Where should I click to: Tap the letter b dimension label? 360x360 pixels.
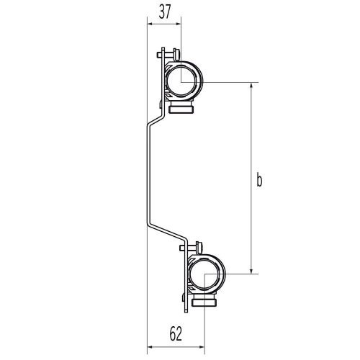click(x=258, y=181)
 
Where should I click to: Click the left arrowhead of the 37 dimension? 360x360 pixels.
click(x=150, y=23)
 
